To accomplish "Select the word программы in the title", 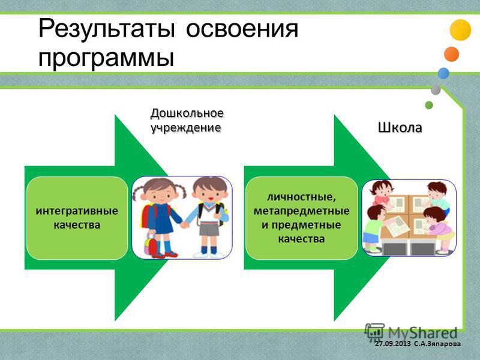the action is (106, 58).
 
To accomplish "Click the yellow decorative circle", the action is (460, 30).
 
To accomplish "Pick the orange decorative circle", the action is (452, 54).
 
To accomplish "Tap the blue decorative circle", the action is (443, 73).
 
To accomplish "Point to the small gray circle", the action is (436, 90).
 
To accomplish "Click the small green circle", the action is (429, 105).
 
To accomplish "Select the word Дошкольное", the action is (187, 113).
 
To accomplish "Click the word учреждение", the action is (186, 128).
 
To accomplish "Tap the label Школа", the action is (400, 128).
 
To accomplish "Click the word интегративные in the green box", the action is (77, 211).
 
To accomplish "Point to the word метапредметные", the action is (302, 211).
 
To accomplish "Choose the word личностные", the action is (302, 197).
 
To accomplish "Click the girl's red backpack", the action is (148, 216).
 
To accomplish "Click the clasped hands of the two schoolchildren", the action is (184, 225).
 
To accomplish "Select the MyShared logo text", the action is (422, 332).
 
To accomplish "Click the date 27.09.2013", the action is (393, 344).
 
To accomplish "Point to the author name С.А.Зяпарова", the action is (437, 344).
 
